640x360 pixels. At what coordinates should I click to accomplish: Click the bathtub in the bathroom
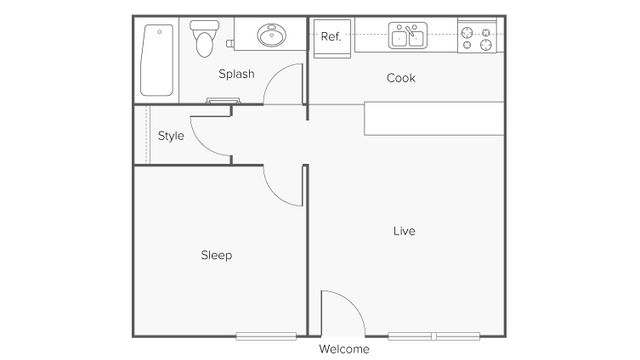pyautogui.click(x=155, y=59)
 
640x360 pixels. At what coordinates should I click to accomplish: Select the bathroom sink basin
pyautogui.click(x=270, y=37)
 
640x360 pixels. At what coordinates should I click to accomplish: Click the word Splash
pyautogui.click(x=237, y=74)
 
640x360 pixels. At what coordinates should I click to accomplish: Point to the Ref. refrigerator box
pyautogui.click(x=331, y=37)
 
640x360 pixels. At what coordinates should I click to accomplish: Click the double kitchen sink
pyautogui.click(x=407, y=38)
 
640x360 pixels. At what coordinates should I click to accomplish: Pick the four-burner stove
pyautogui.click(x=476, y=39)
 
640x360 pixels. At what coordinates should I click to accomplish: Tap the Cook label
pyautogui.click(x=401, y=78)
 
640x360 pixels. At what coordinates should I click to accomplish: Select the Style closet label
pyautogui.click(x=171, y=136)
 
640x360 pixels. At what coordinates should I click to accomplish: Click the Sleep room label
pyautogui.click(x=216, y=255)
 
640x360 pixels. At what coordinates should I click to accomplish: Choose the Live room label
pyautogui.click(x=404, y=231)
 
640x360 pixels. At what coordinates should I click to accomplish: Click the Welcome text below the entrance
pyautogui.click(x=344, y=349)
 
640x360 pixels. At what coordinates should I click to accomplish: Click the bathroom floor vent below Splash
pyautogui.click(x=222, y=100)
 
